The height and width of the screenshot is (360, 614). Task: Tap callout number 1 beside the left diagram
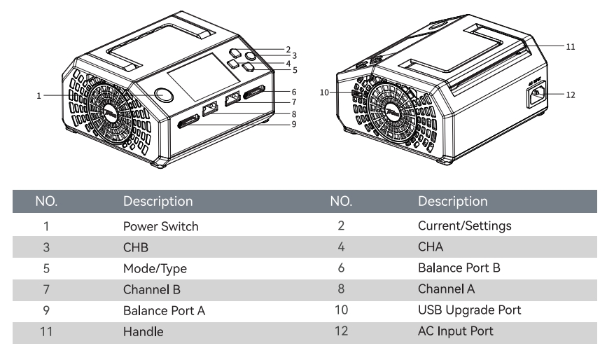[x=40, y=95]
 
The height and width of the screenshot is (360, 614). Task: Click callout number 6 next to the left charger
[x=295, y=91]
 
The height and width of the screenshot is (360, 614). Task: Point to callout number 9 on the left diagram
[x=295, y=124]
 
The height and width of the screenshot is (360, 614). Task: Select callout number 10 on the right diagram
[x=324, y=92]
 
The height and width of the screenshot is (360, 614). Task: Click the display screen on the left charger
[x=198, y=83]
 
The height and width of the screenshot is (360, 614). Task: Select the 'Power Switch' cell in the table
[x=161, y=226]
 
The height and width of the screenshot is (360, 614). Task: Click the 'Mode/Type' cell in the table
[x=155, y=268]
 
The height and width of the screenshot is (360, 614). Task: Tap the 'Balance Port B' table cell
[x=459, y=268]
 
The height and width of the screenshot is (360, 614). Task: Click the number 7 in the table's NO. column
[x=46, y=289]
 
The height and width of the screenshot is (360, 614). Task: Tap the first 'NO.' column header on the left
[x=46, y=202]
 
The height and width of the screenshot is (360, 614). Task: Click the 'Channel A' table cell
[x=446, y=289]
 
